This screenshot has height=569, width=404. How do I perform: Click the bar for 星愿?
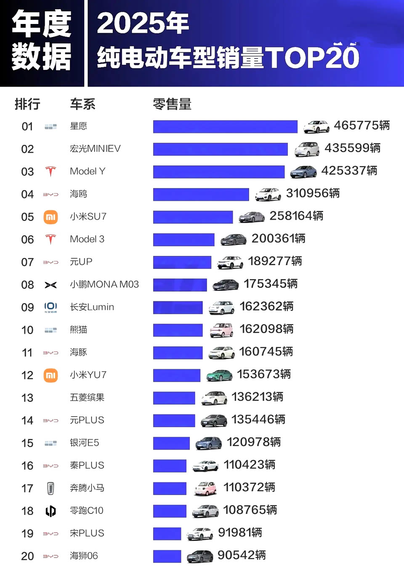(x=225, y=127)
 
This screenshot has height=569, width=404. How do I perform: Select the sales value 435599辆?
(x=352, y=148)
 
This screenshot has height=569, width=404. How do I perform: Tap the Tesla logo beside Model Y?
(x=50, y=171)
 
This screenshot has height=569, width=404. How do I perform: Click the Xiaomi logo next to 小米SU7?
(x=50, y=217)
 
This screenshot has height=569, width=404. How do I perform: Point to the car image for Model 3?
(x=233, y=239)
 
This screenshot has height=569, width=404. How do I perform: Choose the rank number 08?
(x=27, y=285)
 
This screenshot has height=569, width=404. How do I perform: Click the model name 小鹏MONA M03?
(x=104, y=284)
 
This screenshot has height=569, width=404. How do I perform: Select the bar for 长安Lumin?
(x=178, y=308)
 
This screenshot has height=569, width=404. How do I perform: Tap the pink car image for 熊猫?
(x=221, y=330)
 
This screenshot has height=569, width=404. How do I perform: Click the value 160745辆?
(x=266, y=351)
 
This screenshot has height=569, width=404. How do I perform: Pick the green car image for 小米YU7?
(x=219, y=375)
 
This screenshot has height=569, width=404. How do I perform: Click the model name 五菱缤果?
(x=87, y=397)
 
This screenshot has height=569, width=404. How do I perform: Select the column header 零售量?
(x=172, y=104)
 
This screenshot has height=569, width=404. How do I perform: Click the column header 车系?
(x=82, y=104)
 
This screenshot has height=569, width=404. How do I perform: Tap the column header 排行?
(x=27, y=104)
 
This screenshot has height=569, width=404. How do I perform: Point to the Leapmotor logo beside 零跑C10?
(x=50, y=511)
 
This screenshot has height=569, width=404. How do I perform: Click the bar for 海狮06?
(x=167, y=556)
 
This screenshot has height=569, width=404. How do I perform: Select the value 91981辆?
(x=240, y=533)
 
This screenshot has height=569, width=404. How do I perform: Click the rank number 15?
(x=27, y=443)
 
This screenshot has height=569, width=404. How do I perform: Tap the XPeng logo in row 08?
(x=50, y=285)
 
